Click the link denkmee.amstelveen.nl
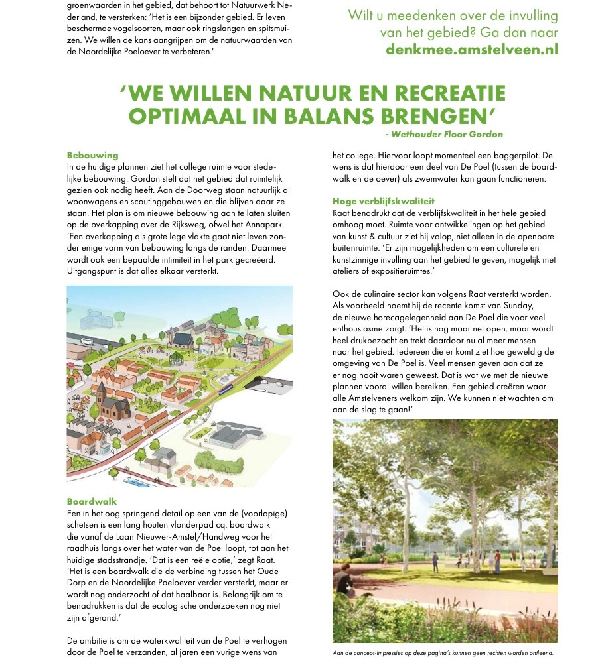point(472,49)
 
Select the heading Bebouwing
point(92,155)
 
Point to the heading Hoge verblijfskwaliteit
point(384,201)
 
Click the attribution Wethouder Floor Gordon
point(447,135)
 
